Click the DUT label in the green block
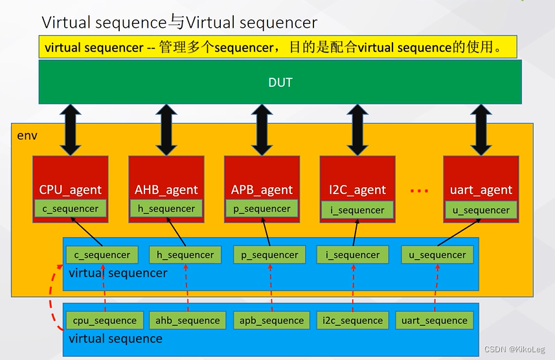coord(280,82)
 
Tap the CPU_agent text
coord(70,190)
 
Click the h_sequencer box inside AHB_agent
coord(166,208)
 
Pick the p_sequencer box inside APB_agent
coord(262,208)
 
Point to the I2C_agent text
coord(357,190)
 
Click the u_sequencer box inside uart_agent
coord(481,210)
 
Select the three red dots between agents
coord(419,191)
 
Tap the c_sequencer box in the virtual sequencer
coord(102,255)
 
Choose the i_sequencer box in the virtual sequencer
coord(353,255)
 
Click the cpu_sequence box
coord(104,321)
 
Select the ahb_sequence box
coord(188,321)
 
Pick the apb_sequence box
coord(271,321)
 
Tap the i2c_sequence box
coord(353,321)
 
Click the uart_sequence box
coord(434,321)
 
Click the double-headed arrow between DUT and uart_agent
coord(481,129)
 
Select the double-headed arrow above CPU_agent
coord(70,129)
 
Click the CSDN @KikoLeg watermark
coord(515,349)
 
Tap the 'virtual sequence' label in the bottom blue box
coord(115,339)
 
